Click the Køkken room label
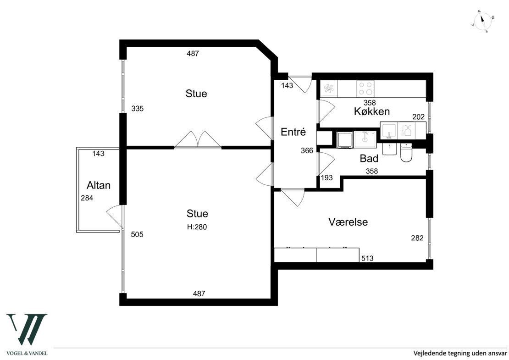[x=372, y=111]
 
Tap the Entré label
[x=293, y=132]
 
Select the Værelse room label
[x=348, y=222]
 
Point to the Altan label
[x=98, y=185]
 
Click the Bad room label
[x=369, y=158]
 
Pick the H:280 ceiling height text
[x=197, y=227]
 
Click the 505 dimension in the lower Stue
[x=137, y=234]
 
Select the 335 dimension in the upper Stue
[x=137, y=109]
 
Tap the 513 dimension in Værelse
[x=367, y=258]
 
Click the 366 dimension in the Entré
[x=307, y=150]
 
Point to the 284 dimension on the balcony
[x=87, y=198]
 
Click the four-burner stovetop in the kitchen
[x=365, y=89]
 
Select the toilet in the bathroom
[x=406, y=152]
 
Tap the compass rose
[x=483, y=22]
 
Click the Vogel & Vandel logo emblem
[x=27, y=329]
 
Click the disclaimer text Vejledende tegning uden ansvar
[x=460, y=353]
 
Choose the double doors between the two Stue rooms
[x=198, y=140]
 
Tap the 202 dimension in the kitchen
[x=418, y=117]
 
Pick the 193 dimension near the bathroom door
[x=327, y=178]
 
